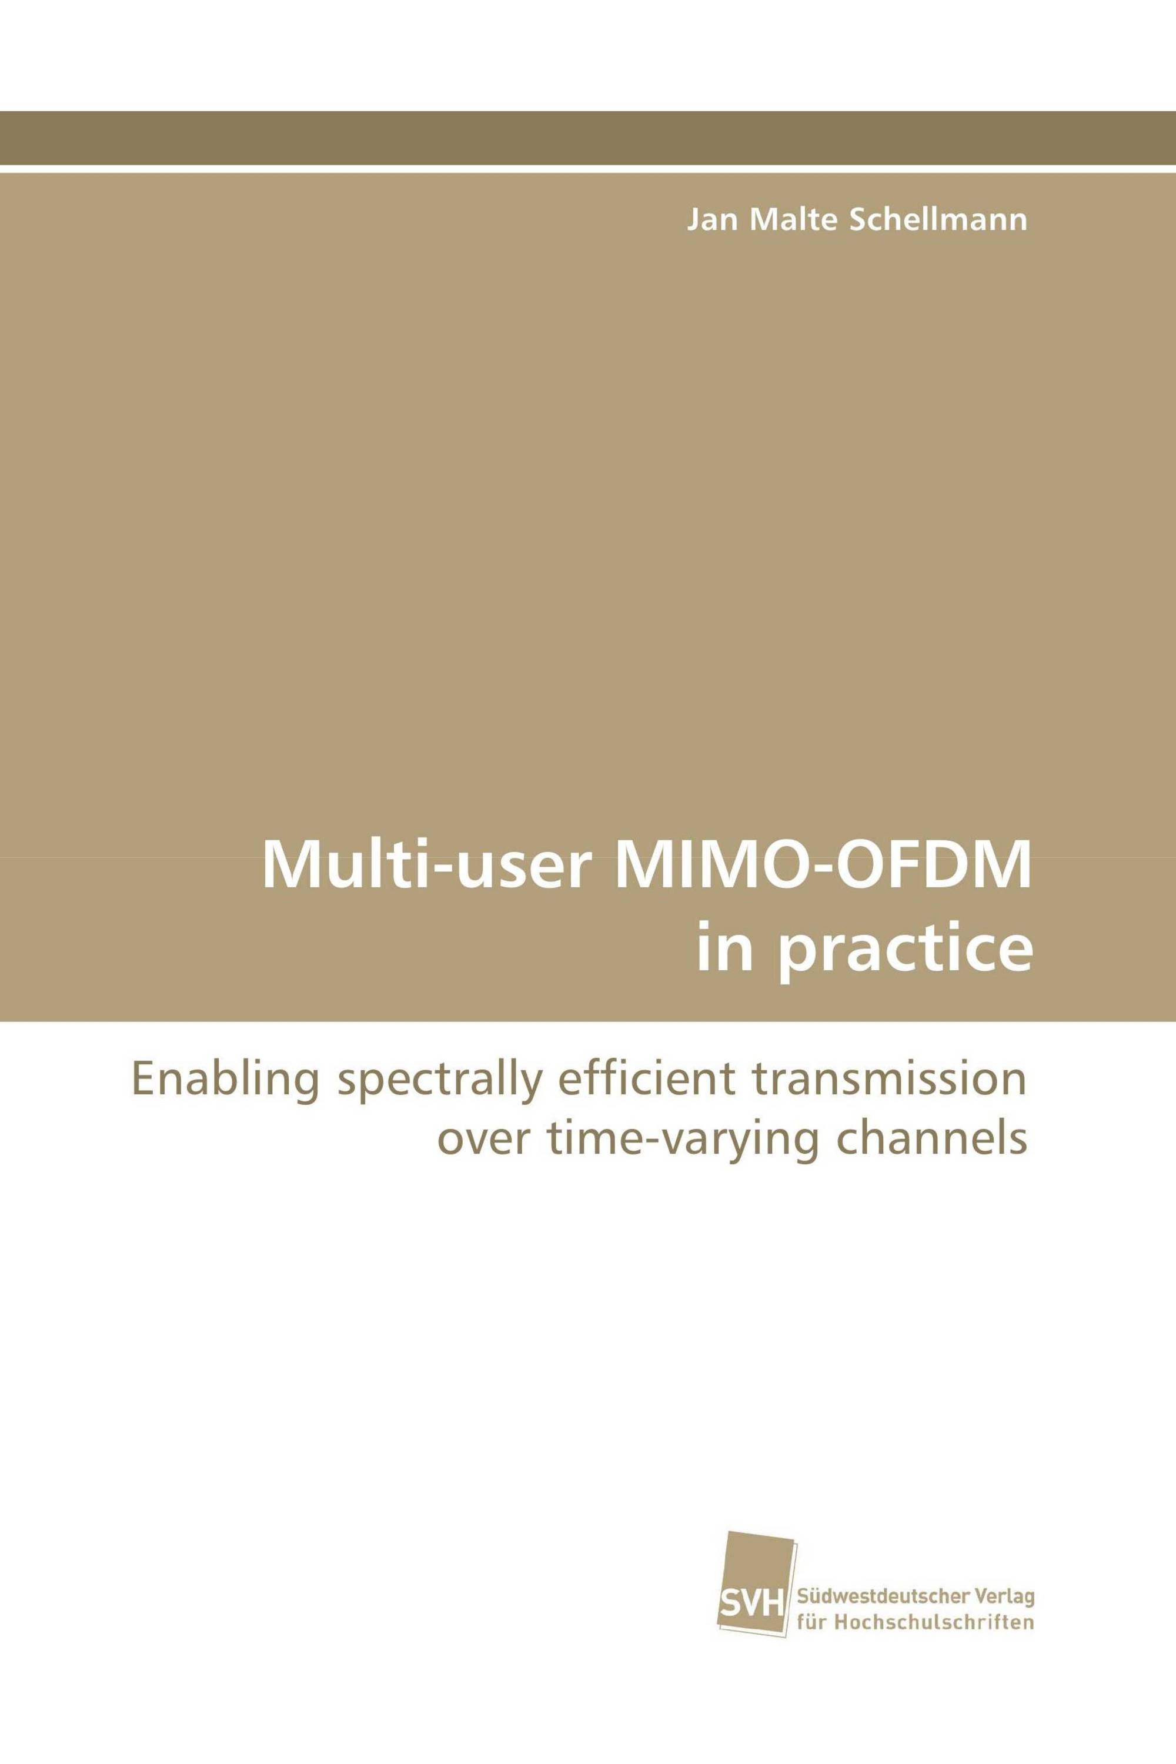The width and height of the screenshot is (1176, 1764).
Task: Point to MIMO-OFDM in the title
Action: point(823,866)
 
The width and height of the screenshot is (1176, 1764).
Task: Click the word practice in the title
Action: point(904,950)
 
